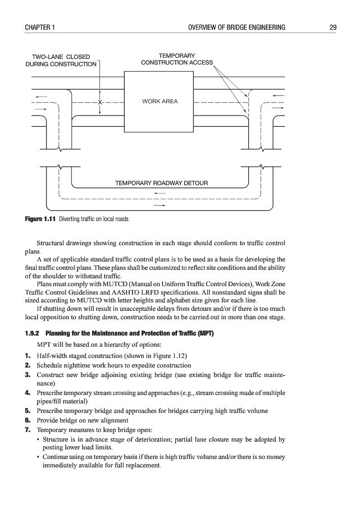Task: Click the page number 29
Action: tap(333, 27)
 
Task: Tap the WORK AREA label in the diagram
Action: tap(160, 102)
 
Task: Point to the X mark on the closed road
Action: tap(99, 103)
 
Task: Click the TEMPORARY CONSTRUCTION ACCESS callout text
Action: tap(176, 59)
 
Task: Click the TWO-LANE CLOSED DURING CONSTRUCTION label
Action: tap(61, 61)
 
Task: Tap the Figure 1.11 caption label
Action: tap(41, 219)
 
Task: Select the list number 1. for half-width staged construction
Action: tap(28, 356)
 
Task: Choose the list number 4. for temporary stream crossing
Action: tap(28, 393)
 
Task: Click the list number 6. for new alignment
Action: tap(28, 420)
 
